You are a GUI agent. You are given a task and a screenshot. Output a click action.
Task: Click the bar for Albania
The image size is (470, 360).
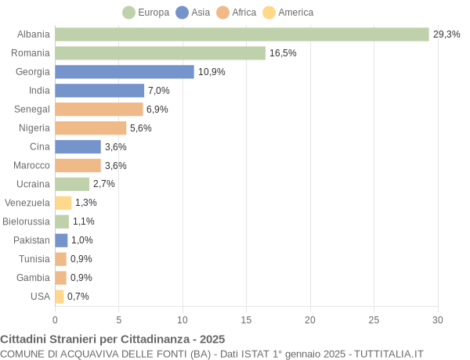242,34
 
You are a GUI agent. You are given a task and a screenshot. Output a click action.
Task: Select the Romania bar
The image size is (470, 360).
160,53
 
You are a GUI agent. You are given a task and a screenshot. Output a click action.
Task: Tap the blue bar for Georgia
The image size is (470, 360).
125,72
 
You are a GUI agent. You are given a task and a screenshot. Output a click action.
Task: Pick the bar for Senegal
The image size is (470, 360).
99,110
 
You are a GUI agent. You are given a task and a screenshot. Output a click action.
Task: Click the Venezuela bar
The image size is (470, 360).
63,203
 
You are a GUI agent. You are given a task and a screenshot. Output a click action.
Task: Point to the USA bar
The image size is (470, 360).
59,297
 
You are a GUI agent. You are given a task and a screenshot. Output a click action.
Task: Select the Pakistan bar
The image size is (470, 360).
61,240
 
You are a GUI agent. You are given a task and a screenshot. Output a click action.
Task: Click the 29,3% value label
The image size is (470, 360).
446,34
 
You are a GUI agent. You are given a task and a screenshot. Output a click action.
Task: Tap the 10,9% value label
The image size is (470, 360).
211,72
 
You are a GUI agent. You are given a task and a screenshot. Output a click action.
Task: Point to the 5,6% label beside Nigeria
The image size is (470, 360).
141,128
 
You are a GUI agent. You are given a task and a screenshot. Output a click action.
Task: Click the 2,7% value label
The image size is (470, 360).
104,184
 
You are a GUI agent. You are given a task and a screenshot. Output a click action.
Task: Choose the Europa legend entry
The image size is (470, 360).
146,13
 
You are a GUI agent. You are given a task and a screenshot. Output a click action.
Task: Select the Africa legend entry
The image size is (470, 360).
236,13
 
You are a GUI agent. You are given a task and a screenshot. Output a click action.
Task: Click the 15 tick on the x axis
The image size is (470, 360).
247,319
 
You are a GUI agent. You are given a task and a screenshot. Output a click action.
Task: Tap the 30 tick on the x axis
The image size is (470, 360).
438,319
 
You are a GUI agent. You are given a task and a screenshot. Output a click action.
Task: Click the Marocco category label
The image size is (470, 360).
31,165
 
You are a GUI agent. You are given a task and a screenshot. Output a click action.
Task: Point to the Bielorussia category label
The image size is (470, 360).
26,221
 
